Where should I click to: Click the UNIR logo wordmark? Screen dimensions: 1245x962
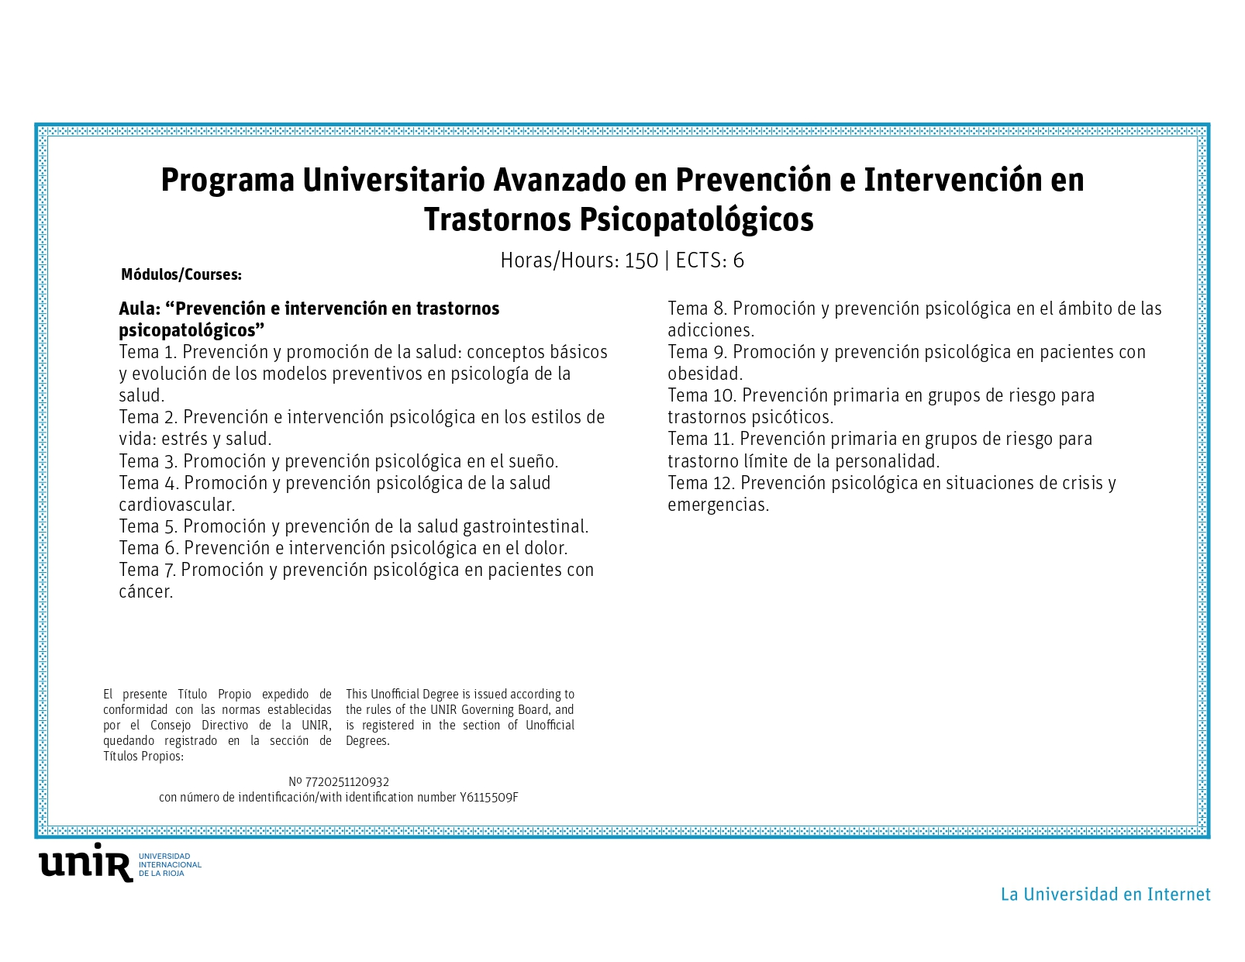tap(86, 862)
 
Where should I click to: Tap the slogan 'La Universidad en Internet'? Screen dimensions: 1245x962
tap(1105, 895)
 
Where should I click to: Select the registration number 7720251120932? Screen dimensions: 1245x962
tap(347, 782)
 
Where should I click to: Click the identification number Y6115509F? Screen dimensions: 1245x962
tap(488, 798)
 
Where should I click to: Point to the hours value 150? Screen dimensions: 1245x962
tap(641, 260)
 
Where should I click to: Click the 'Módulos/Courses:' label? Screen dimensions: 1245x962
tap(181, 274)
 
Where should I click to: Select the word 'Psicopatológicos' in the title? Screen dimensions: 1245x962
tap(696, 220)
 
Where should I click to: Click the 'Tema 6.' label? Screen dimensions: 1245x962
tap(149, 548)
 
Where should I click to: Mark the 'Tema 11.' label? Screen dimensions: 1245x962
tap(702, 440)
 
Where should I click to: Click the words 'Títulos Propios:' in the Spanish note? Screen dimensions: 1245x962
tap(143, 757)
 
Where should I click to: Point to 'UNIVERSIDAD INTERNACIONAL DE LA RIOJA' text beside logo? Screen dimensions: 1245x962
tap(171, 864)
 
